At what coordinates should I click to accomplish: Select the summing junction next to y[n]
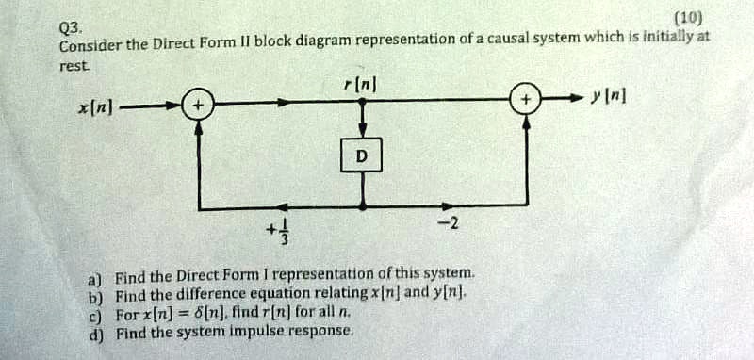point(526,99)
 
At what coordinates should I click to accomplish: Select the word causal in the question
point(560,40)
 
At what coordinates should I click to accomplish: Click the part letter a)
point(94,280)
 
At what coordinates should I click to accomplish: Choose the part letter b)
point(94,297)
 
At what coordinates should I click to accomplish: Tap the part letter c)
point(94,314)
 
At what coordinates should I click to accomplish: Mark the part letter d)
point(94,331)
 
